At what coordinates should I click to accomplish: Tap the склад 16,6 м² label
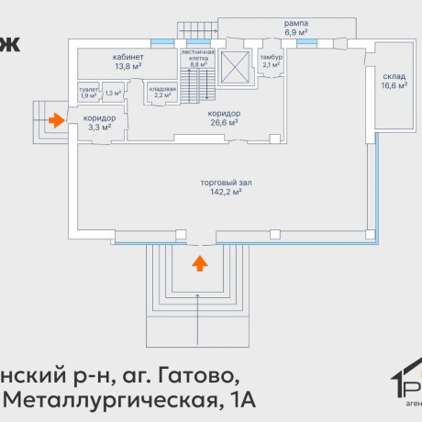pos(394,82)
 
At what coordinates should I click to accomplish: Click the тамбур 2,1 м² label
pos(271,61)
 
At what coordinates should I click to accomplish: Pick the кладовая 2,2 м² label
pos(164,91)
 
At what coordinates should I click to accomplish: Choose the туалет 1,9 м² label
pos(89,93)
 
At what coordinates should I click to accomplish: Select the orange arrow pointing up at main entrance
pos(199,264)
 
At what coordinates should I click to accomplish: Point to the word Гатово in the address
pos(205,375)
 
